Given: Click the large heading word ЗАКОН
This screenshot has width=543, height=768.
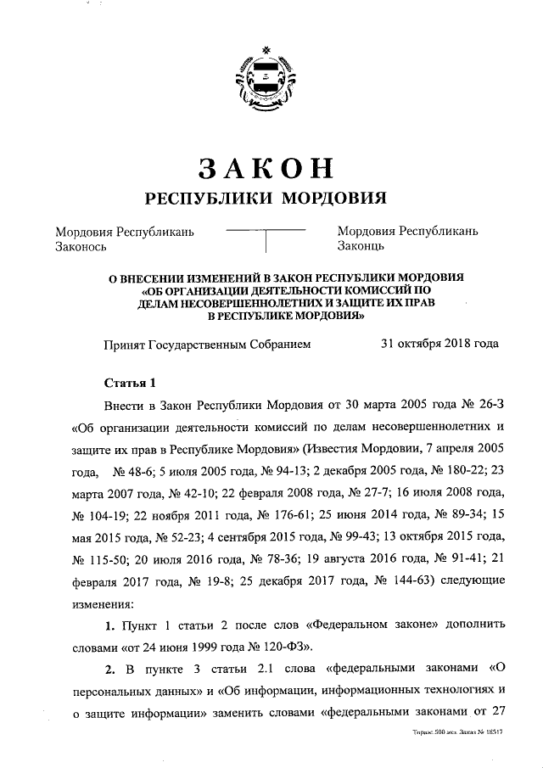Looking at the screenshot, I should pos(266,167).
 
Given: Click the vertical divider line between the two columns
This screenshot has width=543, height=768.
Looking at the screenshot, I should pos(266,241).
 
